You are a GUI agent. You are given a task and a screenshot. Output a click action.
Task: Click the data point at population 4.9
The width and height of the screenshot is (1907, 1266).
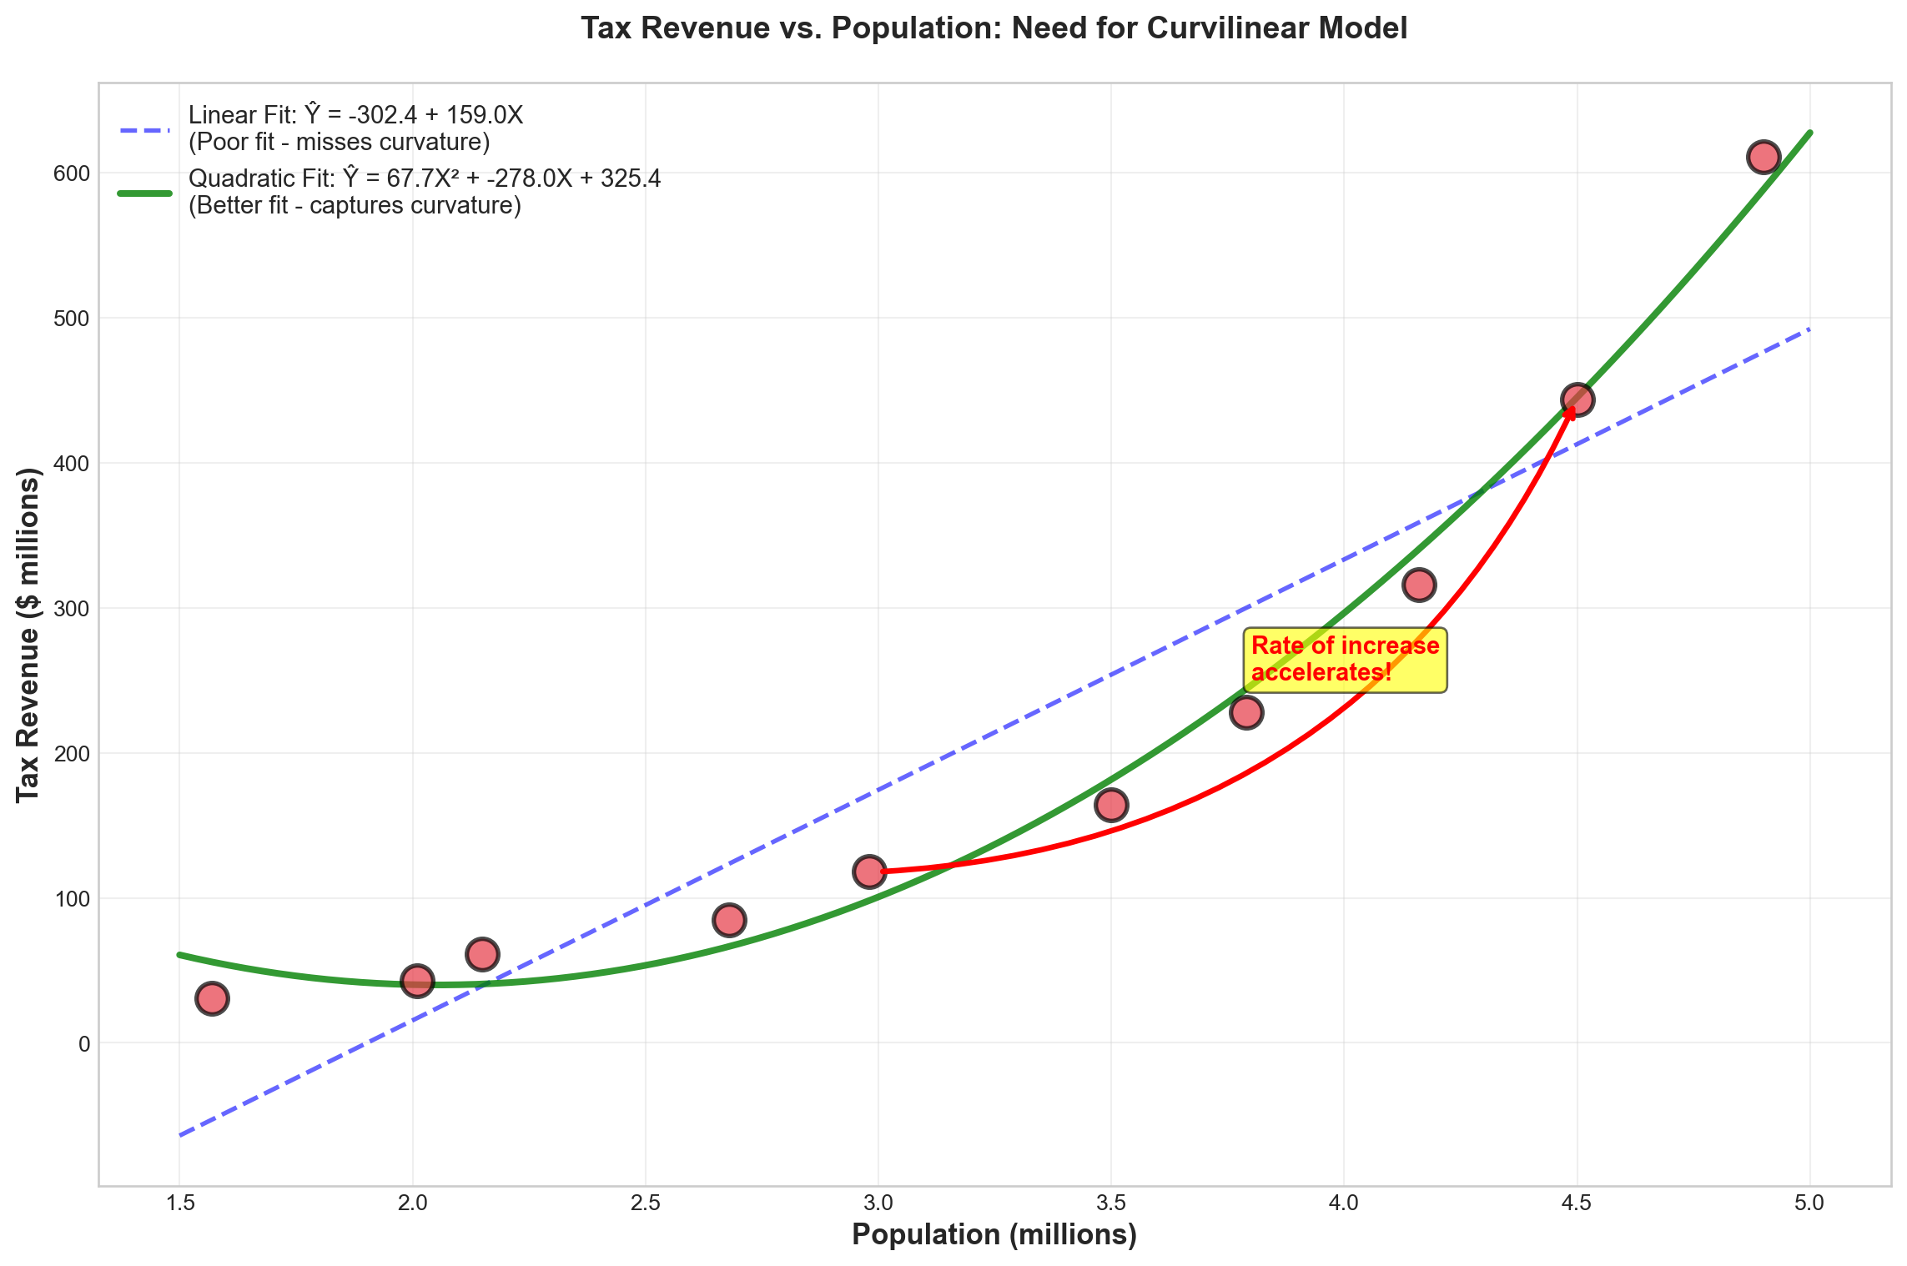(1763, 157)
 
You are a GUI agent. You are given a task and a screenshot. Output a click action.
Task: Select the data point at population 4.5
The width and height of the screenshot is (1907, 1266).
(1576, 399)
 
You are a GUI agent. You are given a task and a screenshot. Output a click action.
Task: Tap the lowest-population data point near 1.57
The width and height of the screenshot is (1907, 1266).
(212, 998)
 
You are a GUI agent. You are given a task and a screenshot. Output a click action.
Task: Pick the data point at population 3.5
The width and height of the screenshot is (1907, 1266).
(1111, 805)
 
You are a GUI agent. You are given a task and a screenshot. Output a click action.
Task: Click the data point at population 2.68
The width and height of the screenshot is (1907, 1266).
(729, 921)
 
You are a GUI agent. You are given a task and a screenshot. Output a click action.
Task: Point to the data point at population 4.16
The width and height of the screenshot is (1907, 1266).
(1419, 585)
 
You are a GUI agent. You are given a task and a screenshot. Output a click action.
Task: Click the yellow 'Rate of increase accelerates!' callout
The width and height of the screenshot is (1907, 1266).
(1345, 660)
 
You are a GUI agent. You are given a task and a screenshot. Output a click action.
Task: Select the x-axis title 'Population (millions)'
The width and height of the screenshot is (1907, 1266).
(994, 1235)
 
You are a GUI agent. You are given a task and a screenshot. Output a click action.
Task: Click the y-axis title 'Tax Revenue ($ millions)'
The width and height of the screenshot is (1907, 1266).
(29, 634)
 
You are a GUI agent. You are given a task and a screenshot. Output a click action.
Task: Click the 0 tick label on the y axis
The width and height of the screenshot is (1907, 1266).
(83, 1043)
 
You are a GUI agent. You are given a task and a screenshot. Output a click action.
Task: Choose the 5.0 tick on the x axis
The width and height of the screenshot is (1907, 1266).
(1809, 1203)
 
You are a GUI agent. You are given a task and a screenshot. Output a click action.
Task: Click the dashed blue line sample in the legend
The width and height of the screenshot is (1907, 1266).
(144, 130)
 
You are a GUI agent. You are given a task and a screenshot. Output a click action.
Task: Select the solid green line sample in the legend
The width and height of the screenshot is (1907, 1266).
(144, 193)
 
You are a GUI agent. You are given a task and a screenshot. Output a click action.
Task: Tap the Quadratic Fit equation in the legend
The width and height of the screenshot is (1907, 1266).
(425, 179)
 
